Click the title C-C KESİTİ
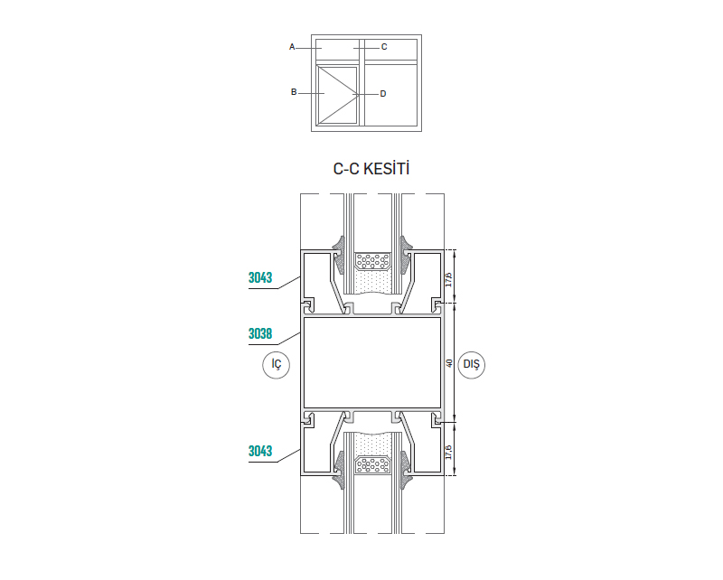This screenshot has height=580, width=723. point(371,168)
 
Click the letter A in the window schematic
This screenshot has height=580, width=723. point(292,46)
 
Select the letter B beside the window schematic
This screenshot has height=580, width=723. point(294,92)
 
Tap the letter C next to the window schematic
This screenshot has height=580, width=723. point(384,46)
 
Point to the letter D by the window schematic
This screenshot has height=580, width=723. point(383,93)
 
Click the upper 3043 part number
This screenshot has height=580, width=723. point(260,278)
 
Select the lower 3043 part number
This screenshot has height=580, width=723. point(260,451)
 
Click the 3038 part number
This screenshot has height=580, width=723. point(260,333)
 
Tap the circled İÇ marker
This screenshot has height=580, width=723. point(277,364)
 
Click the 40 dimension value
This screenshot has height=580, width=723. point(449,363)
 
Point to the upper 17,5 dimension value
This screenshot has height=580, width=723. point(449,275)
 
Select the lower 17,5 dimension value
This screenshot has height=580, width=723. point(449,451)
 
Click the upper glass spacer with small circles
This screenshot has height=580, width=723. point(373,261)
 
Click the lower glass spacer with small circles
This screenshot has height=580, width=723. point(373,465)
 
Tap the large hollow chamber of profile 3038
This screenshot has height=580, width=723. point(371,362)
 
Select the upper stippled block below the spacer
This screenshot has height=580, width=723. point(373,283)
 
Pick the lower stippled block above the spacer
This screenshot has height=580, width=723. point(373,444)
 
